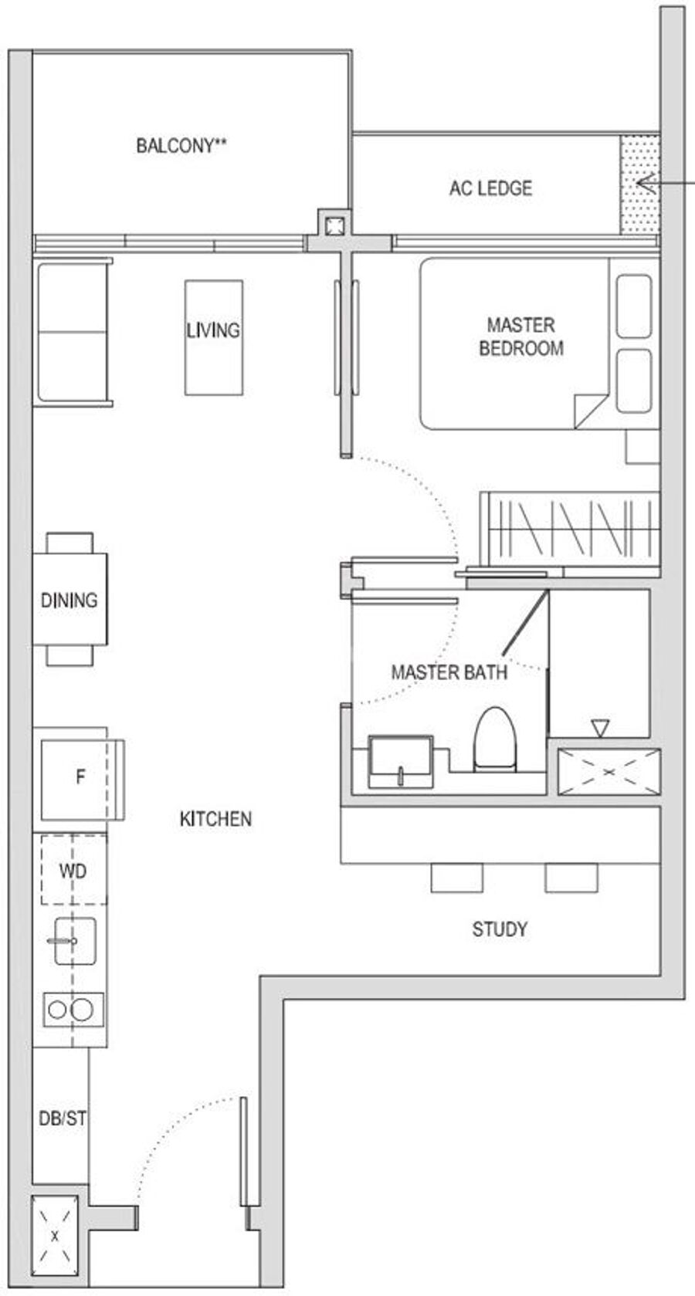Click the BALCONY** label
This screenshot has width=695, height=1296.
tap(181, 145)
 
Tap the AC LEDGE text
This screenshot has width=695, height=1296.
tap(490, 188)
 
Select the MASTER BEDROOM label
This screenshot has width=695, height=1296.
tap(520, 336)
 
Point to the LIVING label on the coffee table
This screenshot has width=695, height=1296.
tap(213, 330)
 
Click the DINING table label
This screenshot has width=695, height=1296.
tap(69, 600)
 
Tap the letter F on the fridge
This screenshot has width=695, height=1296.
tap(80, 776)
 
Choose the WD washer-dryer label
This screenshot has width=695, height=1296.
tap(73, 871)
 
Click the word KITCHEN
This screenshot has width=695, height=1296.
tap(216, 819)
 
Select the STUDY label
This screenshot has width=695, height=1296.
tap(500, 929)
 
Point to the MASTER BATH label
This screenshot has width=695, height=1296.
tap(449, 672)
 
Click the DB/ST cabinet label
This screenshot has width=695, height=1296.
tap(63, 1118)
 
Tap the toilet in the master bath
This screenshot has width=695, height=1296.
tap(495, 739)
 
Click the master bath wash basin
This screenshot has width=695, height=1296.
tap(401, 761)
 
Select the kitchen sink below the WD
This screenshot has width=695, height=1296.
tap(75, 941)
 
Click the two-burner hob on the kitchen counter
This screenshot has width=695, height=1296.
tap(73, 1010)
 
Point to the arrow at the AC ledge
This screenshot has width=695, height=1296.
tap(666, 184)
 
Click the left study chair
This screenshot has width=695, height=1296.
tap(456, 878)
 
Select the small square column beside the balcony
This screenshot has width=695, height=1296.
tap(334, 225)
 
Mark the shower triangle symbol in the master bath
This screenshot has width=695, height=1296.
tap(600, 727)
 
